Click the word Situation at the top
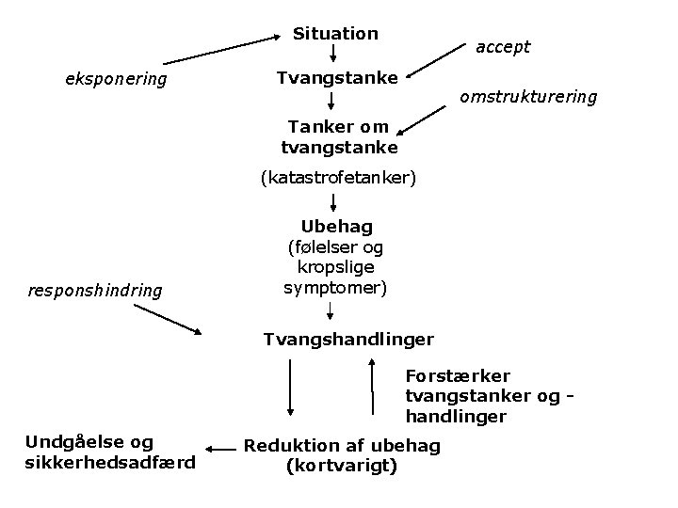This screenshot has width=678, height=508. (335, 34)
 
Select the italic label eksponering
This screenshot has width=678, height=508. (116, 79)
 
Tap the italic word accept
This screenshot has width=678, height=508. (503, 46)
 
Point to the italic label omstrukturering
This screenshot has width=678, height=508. (528, 97)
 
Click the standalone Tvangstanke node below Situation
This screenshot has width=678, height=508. (337, 77)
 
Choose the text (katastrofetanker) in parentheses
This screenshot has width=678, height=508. (338, 177)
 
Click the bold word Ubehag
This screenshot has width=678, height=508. (337, 227)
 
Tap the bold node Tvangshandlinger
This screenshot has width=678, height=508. (348, 338)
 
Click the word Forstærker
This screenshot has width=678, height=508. (458, 376)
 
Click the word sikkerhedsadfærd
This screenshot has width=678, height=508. (110, 462)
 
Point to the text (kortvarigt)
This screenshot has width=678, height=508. (342, 465)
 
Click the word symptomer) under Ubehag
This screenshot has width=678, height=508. (335, 287)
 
